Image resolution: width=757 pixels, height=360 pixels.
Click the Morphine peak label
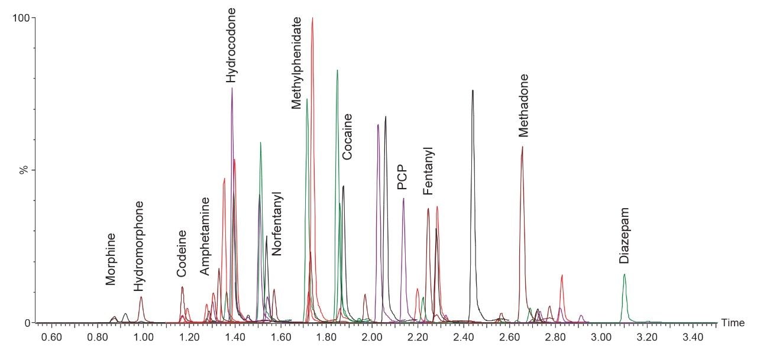click(x=111, y=259)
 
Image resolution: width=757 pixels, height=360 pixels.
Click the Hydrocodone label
click(x=232, y=45)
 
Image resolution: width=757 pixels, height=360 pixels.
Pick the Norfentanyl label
click(x=277, y=224)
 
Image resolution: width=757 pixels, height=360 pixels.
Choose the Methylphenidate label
click(x=297, y=63)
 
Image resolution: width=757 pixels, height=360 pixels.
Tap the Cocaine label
click(x=348, y=137)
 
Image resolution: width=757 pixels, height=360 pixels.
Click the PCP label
click(x=402, y=177)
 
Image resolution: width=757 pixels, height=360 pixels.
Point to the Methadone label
click(x=523, y=105)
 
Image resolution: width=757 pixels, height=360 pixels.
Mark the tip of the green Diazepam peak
click(x=624, y=274)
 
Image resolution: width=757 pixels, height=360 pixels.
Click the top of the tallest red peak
click(x=312, y=18)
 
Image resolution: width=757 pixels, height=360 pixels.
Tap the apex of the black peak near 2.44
click(x=473, y=90)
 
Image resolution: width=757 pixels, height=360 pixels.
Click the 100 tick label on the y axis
click(x=21, y=18)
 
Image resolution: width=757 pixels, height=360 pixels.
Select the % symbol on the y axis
click(x=24, y=170)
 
